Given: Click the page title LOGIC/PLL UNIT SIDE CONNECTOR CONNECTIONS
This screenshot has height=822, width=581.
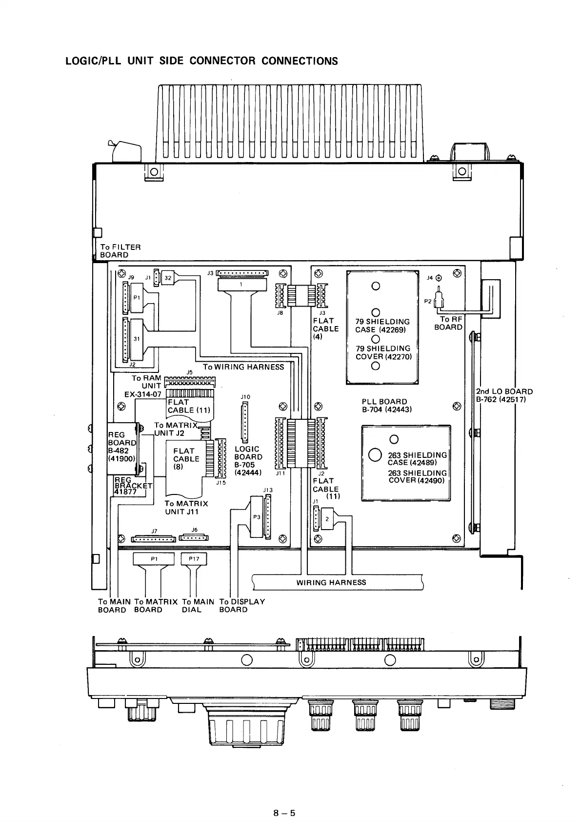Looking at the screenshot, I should [x=201, y=61].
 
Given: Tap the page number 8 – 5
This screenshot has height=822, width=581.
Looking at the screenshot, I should [x=284, y=772].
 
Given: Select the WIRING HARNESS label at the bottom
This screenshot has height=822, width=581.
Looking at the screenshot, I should [x=331, y=582].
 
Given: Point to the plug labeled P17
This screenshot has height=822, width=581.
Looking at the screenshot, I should [x=194, y=559].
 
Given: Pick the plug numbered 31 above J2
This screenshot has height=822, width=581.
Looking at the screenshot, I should [x=137, y=338].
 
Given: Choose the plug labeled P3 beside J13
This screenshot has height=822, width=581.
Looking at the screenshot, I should [x=256, y=517].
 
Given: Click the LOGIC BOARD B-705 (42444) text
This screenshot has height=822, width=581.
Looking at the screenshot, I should [x=248, y=461].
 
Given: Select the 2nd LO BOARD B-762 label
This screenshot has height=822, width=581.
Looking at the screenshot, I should [x=504, y=395].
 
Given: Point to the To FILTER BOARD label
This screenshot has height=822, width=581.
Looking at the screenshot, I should [x=120, y=251].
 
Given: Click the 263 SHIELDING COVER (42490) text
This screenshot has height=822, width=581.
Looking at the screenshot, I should [x=417, y=476].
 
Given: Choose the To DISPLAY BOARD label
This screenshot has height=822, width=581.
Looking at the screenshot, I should [x=242, y=605].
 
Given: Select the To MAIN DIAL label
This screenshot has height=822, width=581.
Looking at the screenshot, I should [x=198, y=605].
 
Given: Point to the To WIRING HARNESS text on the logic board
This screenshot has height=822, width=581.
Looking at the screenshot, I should [x=243, y=367].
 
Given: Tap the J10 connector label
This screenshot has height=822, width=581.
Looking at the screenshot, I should [x=245, y=397].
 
